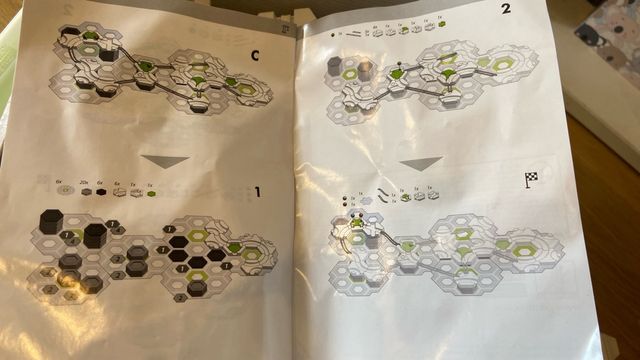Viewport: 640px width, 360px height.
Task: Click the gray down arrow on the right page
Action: tap(421, 163)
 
